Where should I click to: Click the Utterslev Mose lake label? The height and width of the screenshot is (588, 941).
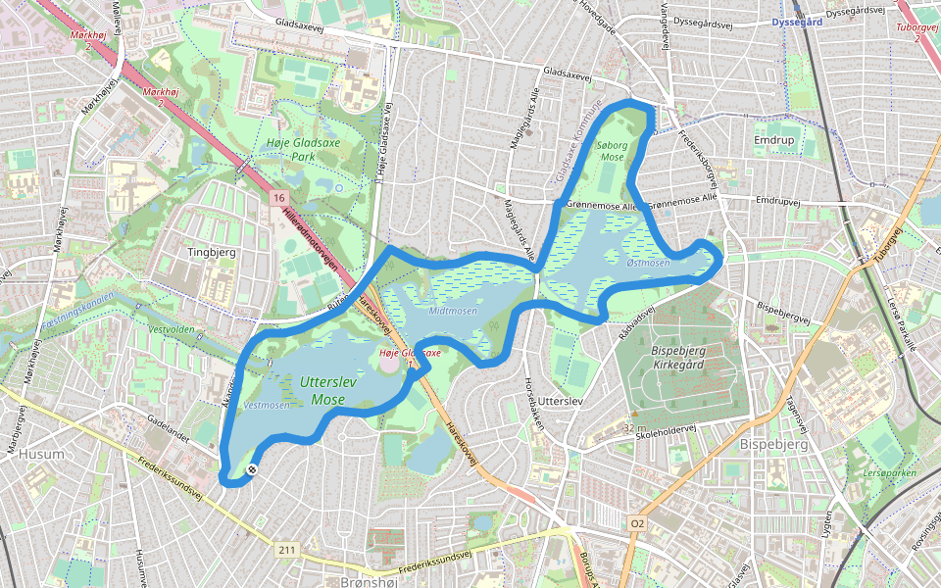(328, 390)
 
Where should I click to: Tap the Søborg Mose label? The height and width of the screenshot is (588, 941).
(612, 150)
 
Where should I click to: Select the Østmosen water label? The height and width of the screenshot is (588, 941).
(648, 263)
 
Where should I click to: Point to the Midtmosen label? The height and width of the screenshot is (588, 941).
(454, 311)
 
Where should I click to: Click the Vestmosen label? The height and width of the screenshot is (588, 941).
(267, 404)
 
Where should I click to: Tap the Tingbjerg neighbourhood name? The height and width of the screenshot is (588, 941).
(214, 252)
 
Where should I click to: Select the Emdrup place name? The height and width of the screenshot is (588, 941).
(772, 141)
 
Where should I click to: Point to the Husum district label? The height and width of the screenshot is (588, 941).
(42, 454)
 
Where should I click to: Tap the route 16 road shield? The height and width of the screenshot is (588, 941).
(278, 198)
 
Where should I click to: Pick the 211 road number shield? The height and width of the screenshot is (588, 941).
(285, 550)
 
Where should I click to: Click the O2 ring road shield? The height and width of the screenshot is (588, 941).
(638, 524)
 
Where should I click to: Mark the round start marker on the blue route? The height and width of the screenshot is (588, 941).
(252, 470)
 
